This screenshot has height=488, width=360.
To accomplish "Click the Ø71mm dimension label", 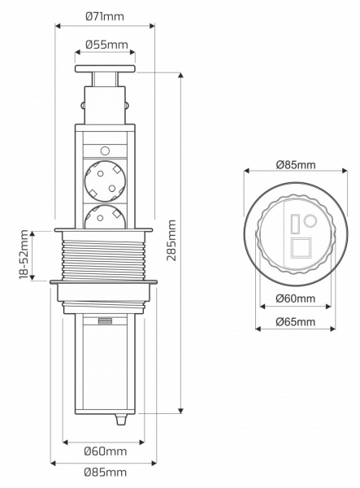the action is (x=105, y=16).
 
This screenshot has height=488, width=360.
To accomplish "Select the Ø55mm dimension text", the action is (x=106, y=45).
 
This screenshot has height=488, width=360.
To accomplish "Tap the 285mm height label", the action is (x=171, y=240).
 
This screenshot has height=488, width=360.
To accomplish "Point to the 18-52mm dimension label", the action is (x=24, y=255).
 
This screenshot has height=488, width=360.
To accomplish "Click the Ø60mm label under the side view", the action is (x=106, y=451).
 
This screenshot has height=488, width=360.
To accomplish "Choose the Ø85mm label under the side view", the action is (x=106, y=472).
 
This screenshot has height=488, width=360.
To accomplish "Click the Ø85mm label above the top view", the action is (x=296, y=164).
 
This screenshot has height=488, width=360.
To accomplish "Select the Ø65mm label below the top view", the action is (x=295, y=321).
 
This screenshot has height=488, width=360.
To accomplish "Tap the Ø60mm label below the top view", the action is (x=295, y=298).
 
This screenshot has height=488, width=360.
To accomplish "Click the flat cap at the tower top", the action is (x=105, y=69).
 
